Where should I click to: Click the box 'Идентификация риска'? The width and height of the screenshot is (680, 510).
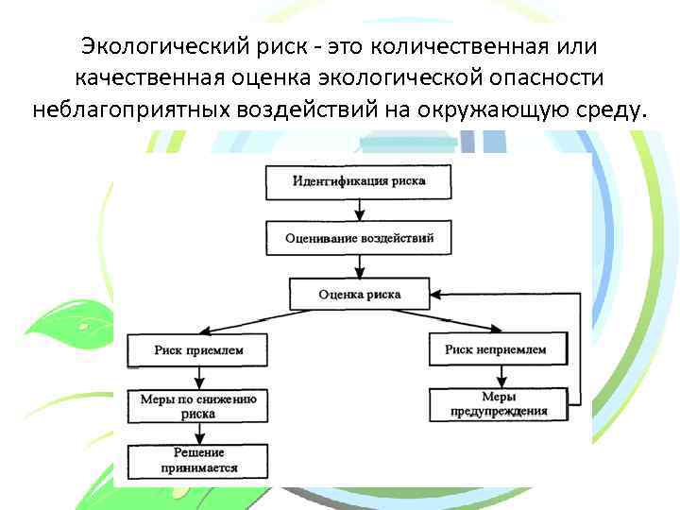point(359,181)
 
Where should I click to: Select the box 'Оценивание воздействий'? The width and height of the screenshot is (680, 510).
point(359,238)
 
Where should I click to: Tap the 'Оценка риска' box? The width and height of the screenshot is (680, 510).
point(359,294)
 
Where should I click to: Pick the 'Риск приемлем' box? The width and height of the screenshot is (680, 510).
point(198,350)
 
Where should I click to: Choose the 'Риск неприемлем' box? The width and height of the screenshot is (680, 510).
point(495,350)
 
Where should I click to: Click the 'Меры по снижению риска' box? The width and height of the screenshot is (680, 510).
point(198,406)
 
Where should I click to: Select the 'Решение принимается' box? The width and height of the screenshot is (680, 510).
point(198,461)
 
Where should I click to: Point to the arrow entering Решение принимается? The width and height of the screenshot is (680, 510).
point(198,434)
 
